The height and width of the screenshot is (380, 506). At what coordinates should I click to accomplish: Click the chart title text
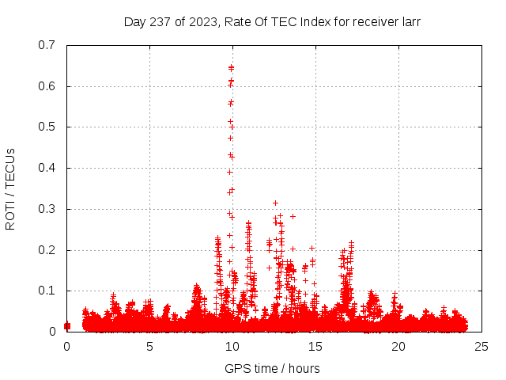coord(272,21)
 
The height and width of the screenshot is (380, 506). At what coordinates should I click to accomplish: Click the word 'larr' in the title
coord(409,21)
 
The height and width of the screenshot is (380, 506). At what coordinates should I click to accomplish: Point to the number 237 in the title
coord(160,21)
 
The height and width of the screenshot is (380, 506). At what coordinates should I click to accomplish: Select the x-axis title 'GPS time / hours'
coord(272,368)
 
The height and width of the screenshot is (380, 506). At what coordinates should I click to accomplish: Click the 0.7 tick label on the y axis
coord(48,45)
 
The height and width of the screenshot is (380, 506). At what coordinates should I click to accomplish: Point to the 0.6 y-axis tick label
coord(48,86)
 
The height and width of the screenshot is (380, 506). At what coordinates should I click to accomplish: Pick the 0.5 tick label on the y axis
coord(48,127)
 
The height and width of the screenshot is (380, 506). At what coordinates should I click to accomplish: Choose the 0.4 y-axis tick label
coord(48,168)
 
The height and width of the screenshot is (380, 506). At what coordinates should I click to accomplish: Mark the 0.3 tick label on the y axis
coord(48,209)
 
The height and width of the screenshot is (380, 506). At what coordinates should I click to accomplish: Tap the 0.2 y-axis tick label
coord(48,250)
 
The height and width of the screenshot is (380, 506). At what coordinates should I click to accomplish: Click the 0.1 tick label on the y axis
coord(48,291)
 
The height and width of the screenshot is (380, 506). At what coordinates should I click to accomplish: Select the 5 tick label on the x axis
coord(149,346)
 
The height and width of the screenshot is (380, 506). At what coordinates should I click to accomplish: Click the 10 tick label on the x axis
coord(232,346)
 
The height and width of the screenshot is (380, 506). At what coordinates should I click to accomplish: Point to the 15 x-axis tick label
coord(315,346)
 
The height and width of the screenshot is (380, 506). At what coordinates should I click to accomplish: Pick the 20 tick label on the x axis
coord(398,346)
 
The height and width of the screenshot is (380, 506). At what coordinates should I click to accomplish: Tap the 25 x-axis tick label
coord(481,346)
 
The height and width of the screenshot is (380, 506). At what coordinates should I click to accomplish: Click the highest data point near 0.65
coord(231,67)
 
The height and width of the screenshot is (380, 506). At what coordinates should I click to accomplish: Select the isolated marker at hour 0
coord(67,325)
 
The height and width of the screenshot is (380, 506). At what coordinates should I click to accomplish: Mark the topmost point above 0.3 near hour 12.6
coord(275,203)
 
